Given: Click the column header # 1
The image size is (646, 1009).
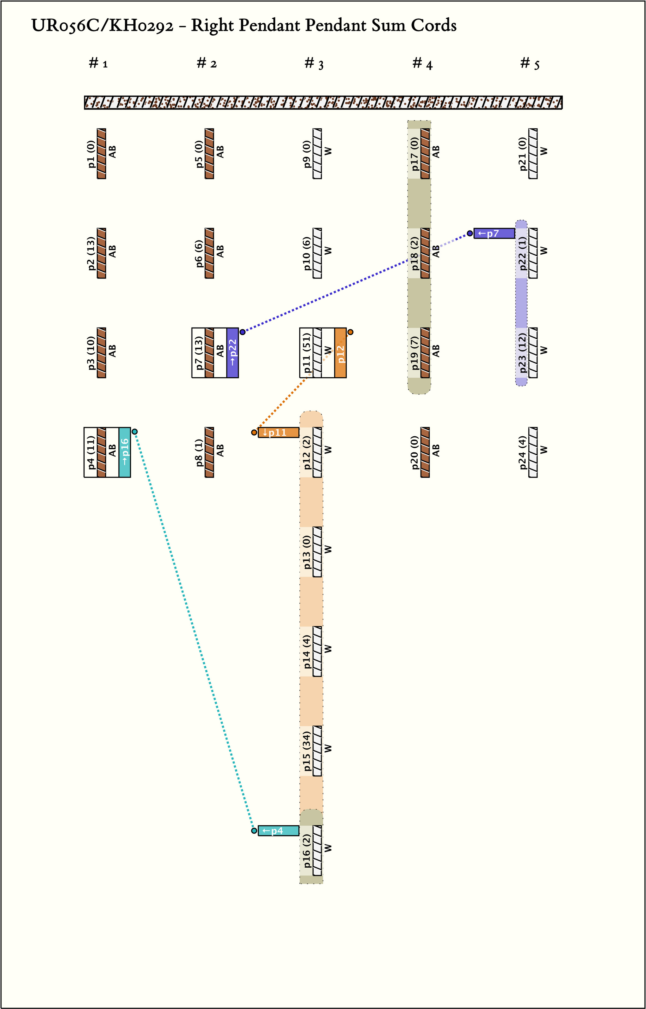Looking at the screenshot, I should (x=98, y=63).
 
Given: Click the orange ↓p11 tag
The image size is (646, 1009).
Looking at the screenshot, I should (x=278, y=433).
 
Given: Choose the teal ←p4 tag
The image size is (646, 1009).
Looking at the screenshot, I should (x=278, y=831).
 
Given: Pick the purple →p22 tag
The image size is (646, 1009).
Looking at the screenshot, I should (x=232, y=353).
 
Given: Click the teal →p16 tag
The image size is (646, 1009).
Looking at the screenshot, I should (x=125, y=452).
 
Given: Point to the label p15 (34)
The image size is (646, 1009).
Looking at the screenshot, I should (x=307, y=751).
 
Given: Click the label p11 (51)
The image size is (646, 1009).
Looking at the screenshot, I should (x=307, y=353).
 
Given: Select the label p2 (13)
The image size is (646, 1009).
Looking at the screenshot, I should (x=91, y=253).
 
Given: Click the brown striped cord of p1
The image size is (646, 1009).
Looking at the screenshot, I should (x=102, y=154).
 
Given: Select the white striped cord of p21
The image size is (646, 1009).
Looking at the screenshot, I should (x=533, y=154).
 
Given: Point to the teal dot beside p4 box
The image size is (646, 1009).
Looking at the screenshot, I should (x=135, y=431).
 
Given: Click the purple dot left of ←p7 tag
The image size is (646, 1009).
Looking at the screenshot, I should (x=470, y=233).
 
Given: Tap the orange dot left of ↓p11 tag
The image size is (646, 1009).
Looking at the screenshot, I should (x=254, y=433).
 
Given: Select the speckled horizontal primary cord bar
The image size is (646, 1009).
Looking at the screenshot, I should (x=323, y=102).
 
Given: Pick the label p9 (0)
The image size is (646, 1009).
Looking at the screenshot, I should (x=307, y=154).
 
